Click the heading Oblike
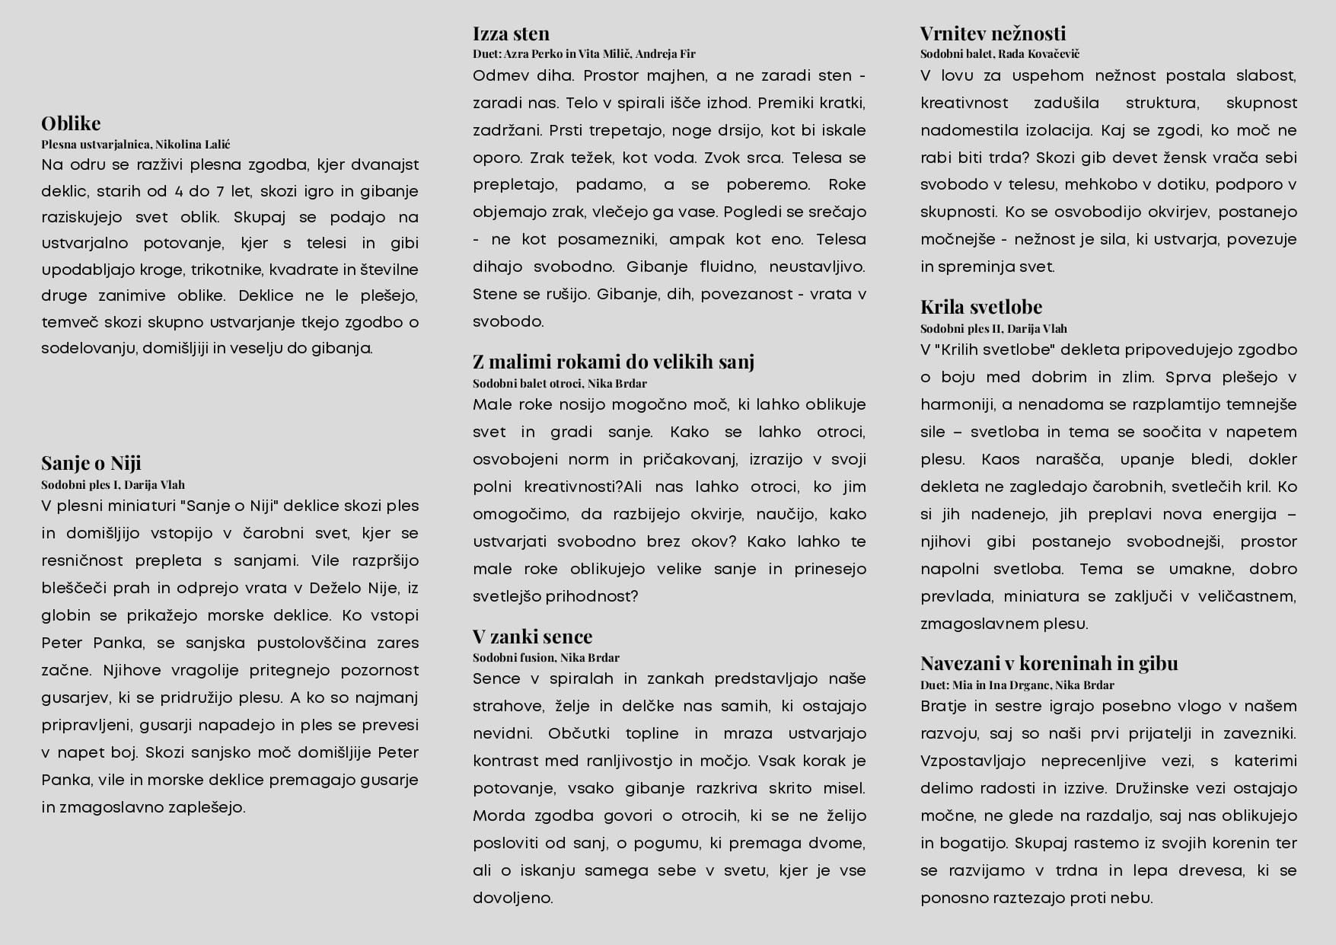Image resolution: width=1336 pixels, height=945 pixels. coord(71,123)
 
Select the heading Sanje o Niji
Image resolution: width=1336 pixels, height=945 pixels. coord(91,463)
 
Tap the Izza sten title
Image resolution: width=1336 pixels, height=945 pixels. coord(511,34)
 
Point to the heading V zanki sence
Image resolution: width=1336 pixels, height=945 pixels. coord(532,637)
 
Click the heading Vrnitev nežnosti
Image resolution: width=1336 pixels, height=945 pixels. coord(993,34)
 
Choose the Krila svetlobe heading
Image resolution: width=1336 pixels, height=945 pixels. coord(980,307)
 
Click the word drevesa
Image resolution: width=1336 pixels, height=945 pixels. coord(1204,871)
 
